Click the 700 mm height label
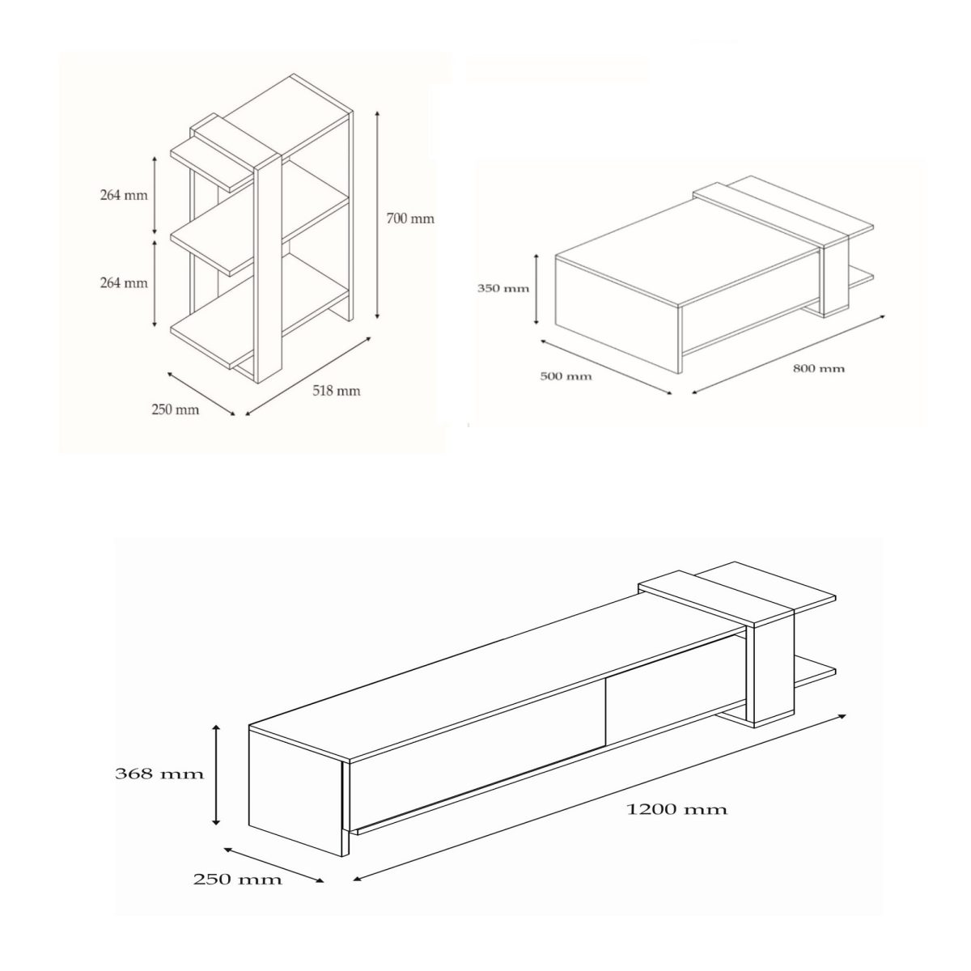point(411,218)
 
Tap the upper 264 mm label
point(124,195)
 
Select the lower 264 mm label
point(124,283)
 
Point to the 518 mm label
point(336,391)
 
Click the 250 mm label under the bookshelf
point(175,409)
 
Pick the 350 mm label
point(504,288)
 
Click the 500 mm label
point(566,376)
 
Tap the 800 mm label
point(818,369)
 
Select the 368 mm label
point(159,774)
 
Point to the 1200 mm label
point(677,808)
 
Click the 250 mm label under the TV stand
point(237,880)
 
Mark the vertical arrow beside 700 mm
point(377,216)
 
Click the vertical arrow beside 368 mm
point(216,774)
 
